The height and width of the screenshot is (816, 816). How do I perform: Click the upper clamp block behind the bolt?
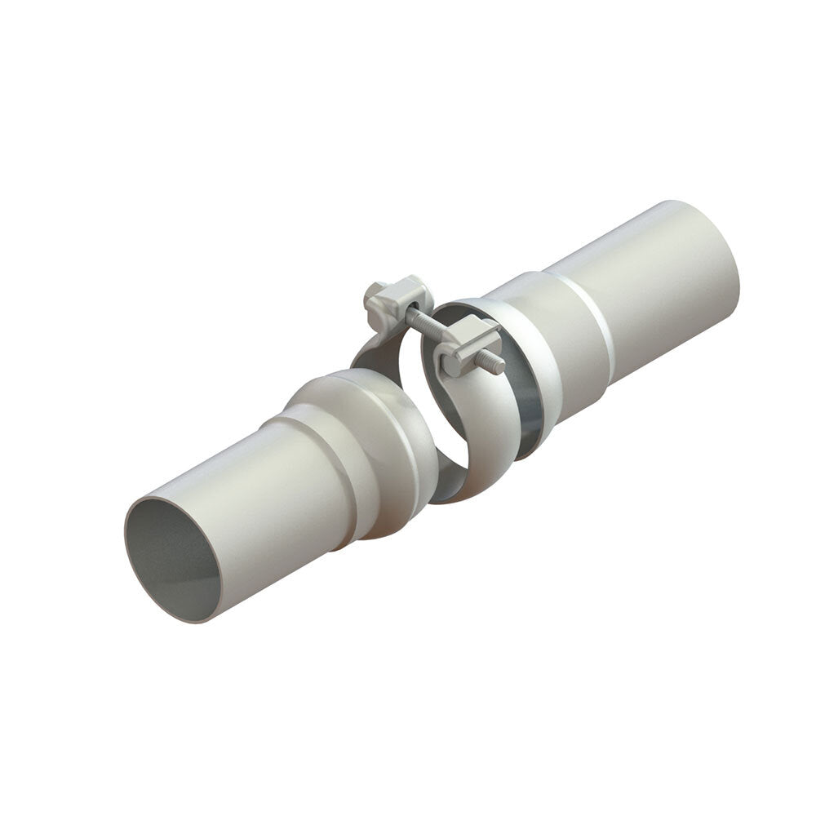click(400, 298)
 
